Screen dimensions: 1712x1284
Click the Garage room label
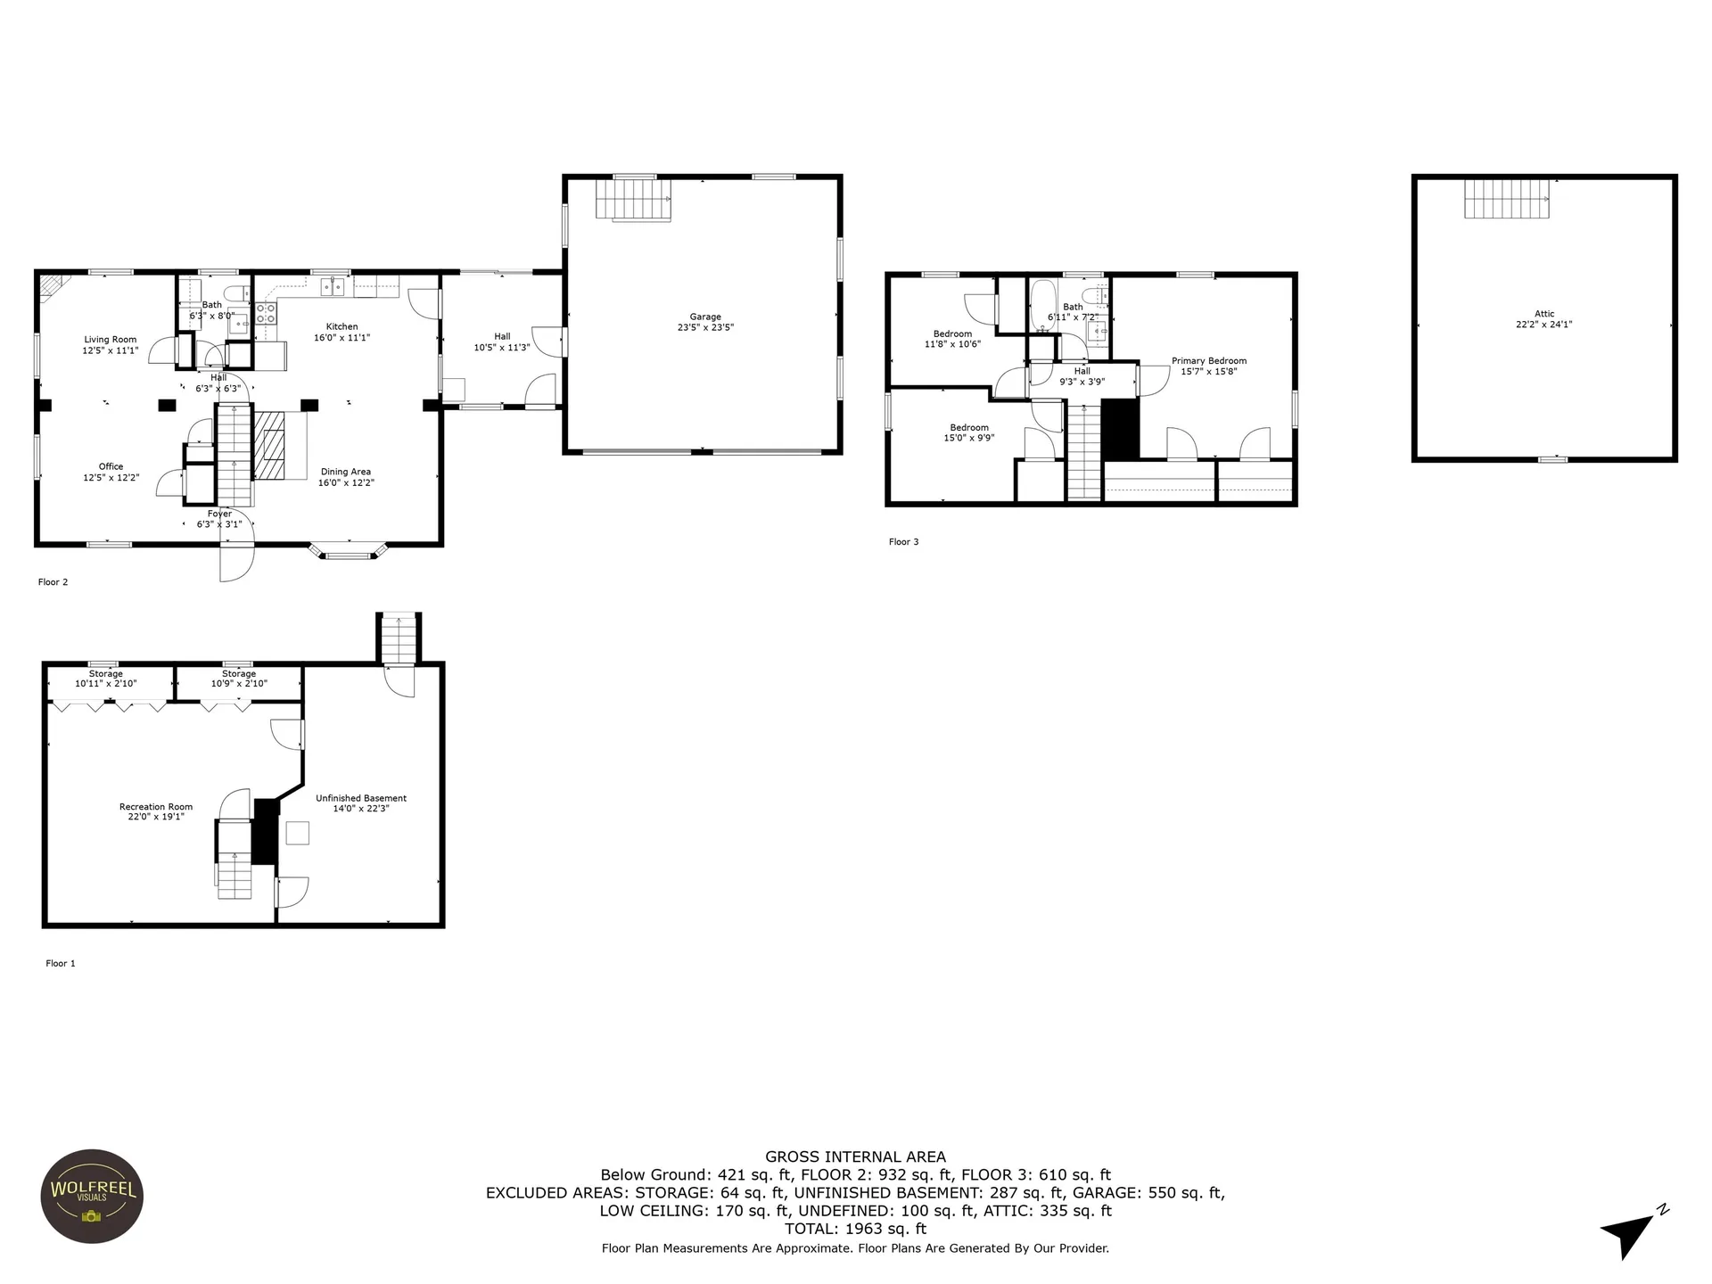[x=704, y=317]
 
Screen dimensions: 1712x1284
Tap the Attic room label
[x=1544, y=314]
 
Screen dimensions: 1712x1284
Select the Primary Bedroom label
[x=1209, y=361]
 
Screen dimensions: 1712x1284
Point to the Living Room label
[x=111, y=340]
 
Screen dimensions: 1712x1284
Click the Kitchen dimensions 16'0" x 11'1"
[x=342, y=338]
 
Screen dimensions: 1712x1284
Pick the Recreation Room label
[x=156, y=807]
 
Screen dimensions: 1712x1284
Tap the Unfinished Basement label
[x=361, y=798]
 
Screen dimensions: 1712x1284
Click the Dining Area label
[x=346, y=472]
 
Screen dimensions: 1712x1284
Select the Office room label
[x=111, y=466]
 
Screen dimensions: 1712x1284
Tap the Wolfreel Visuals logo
[x=93, y=1196]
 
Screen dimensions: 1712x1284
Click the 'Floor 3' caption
[x=903, y=542]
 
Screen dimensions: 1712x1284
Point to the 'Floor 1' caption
[x=61, y=964]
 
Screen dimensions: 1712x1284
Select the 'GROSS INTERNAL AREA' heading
[x=855, y=1157]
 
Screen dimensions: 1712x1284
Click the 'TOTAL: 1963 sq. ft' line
[x=855, y=1229]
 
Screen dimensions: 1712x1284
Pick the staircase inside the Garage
[x=634, y=199]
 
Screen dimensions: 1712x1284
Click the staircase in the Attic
[x=1507, y=199]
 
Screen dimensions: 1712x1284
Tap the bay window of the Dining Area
[x=348, y=552]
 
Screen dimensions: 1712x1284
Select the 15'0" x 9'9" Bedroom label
[x=969, y=432]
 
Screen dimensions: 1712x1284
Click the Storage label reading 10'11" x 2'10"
[x=106, y=679]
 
